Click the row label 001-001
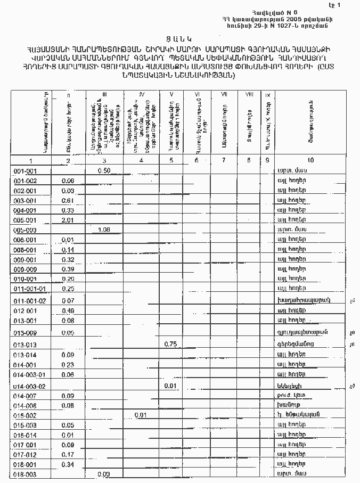(24, 171)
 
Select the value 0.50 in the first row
(104, 170)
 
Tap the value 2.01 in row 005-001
(68, 220)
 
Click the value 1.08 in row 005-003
(104, 230)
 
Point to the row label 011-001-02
(30, 301)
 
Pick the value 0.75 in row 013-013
(170, 344)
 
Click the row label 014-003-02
(30, 386)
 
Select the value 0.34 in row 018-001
(68, 464)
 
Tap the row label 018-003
(24, 474)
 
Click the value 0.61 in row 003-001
(68, 200)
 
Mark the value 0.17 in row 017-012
(68, 454)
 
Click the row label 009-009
(24, 269)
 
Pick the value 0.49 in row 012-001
(68, 311)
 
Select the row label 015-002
(24, 415)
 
